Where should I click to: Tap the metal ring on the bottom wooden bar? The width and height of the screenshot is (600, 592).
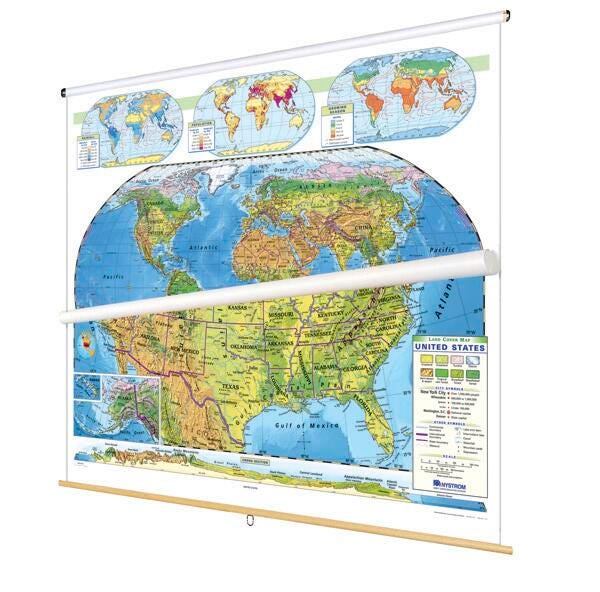point(247,518)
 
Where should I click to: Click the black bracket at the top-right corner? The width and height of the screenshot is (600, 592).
point(507,15)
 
